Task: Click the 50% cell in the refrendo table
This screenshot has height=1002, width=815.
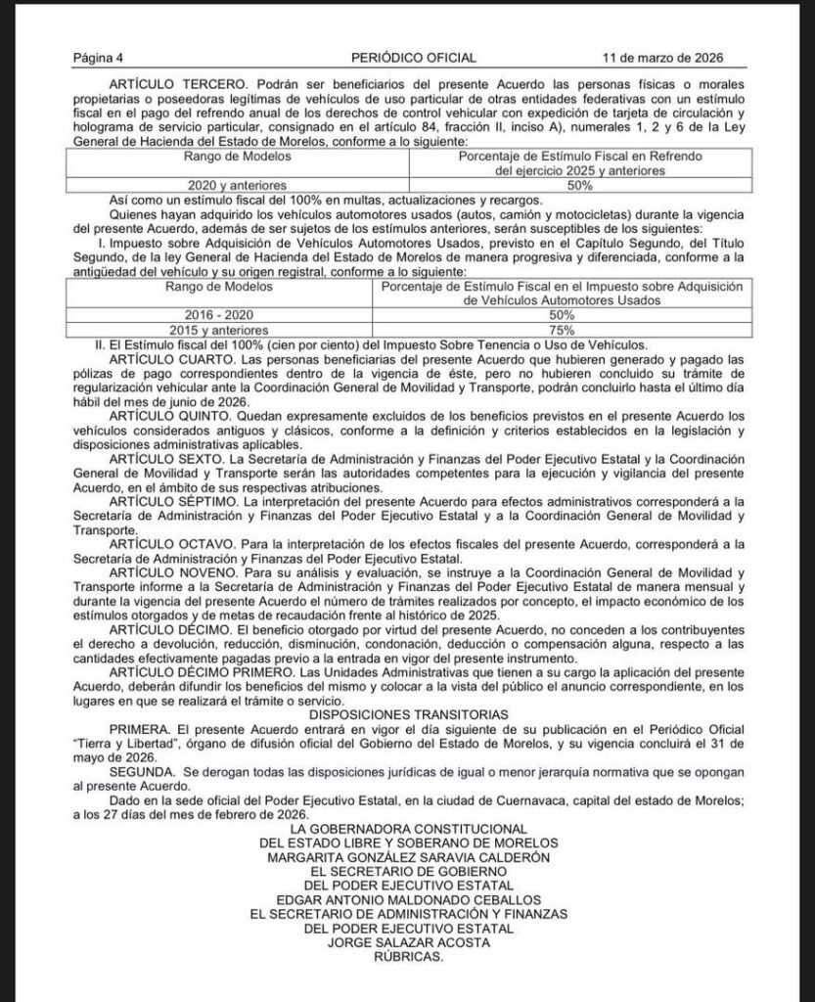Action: click(579, 184)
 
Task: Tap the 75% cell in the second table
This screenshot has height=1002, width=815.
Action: click(562, 331)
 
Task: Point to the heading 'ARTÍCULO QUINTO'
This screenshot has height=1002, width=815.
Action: click(167, 418)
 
